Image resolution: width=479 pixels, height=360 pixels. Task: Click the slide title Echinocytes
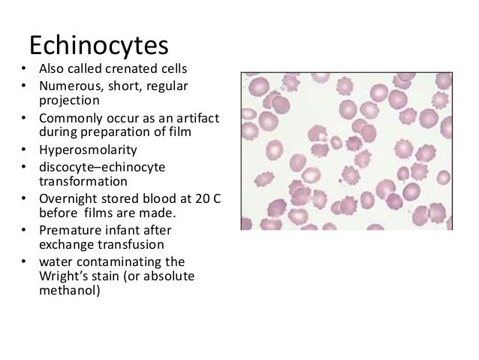[x=98, y=46]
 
